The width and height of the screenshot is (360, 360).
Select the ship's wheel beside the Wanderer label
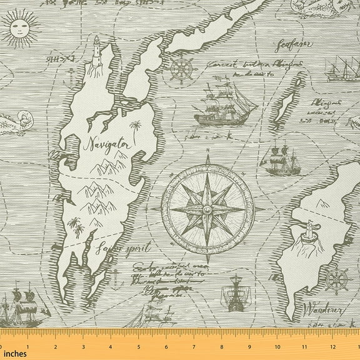tap(336, 279)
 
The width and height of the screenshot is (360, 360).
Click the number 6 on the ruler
tap(164, 347)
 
